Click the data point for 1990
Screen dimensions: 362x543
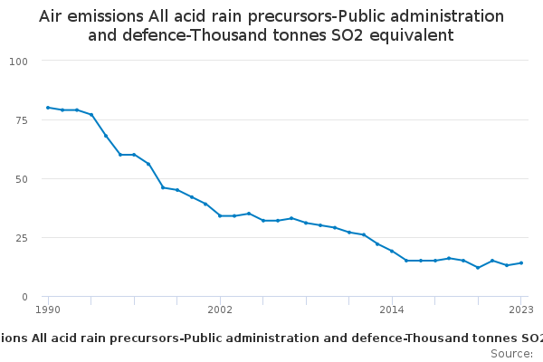point(48,108)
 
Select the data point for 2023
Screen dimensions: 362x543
point(521,263)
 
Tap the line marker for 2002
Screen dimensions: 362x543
point(220,215)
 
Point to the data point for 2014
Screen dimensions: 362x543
point(392,251)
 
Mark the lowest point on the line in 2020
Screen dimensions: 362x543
point(478,268)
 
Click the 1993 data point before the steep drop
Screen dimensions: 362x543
point(91,115)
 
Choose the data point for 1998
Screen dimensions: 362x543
point(163,187)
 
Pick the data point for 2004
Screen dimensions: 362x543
point(249,214)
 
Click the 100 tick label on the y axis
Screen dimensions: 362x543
point(18,61)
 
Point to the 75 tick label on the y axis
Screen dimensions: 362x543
point(22,119)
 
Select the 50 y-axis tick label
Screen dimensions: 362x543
point(22,178)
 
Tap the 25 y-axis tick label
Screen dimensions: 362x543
point(22,237)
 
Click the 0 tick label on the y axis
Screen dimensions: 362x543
point(25,297)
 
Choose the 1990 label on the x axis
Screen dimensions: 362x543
point(48,310)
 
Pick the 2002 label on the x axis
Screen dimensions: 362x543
point(220,310)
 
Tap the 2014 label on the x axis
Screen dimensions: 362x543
point(392,310)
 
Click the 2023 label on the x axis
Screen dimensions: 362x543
point(520,310)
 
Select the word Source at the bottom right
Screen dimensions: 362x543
point(510,353)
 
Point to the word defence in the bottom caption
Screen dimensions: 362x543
point(350,338)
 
